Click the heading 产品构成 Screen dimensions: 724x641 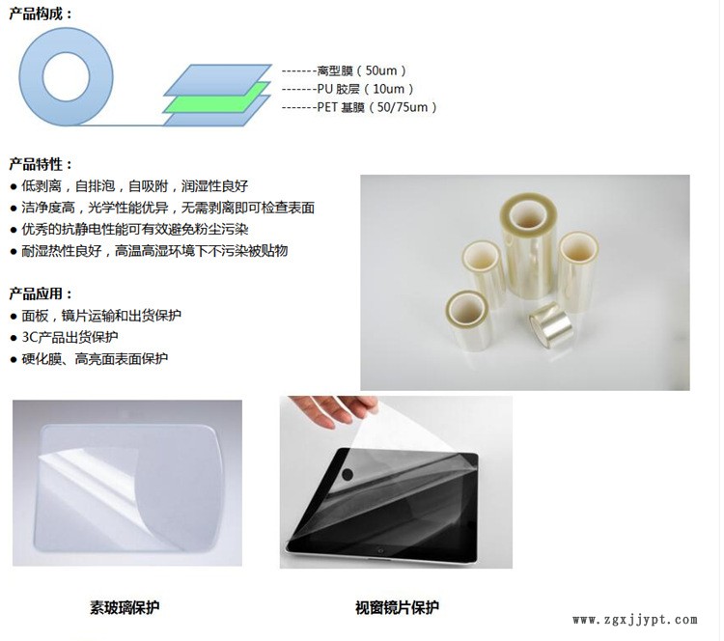(x=42, y=14)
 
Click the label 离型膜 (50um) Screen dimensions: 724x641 (x=362, y=70)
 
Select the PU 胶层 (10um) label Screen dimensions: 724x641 (x=365, y=89)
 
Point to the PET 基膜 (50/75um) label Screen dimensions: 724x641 (x=376, y=107)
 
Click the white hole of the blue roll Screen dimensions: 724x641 (x=66, y=77)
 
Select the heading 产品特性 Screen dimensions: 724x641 (x=42, y=164)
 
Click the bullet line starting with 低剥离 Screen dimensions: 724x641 (x=129, y=186)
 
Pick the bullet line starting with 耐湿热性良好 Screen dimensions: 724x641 (x=149, y=251)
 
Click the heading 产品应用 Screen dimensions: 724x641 (x=42, y=293)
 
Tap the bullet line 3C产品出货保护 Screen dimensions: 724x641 (x=64, y=337)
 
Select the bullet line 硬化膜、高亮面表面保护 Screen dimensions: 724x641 (x=89, y=359)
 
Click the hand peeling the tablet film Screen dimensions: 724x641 (x=335, y=410)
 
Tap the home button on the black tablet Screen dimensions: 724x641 (x=380, y=550)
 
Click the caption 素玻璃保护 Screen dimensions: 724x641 (x=125, y=607)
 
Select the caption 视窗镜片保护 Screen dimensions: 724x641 (x=397, y=607)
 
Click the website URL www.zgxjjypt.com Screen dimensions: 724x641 (x=635, y=620)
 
